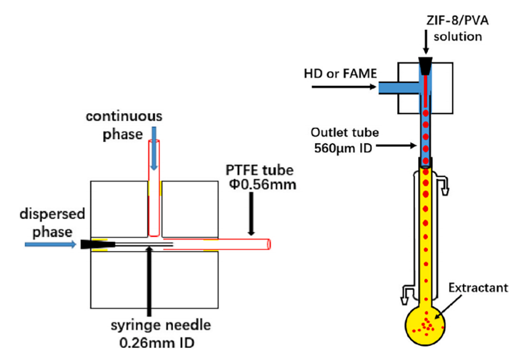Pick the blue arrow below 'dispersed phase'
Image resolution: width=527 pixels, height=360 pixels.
click(x=50, y=244)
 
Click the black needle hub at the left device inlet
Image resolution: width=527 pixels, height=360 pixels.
click(x=87, y=244)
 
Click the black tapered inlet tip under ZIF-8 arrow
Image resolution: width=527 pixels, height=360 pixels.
click(x=426, y=66)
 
